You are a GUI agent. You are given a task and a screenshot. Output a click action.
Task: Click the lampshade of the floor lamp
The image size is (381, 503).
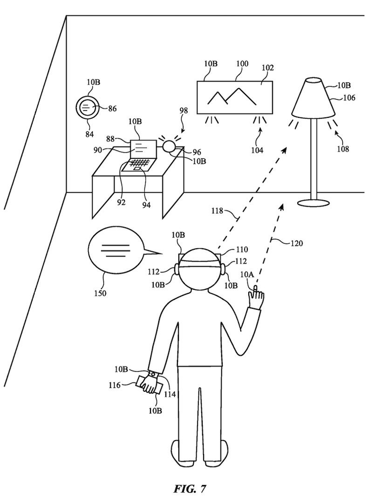pos(313,97)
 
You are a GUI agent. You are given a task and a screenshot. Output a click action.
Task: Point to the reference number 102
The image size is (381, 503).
pos(267,68)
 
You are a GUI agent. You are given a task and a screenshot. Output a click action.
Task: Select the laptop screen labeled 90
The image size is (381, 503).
pos(143,148)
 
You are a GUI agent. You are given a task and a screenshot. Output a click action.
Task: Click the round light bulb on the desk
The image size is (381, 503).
pos(169,147)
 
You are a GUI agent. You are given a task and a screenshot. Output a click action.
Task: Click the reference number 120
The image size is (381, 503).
pos(296,244)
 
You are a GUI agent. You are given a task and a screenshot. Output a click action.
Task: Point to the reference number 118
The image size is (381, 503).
pos(218,211)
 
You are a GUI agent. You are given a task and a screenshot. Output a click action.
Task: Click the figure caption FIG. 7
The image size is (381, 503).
pos(190,489)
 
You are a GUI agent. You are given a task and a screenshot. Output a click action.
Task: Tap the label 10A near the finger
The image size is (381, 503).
pos(247,275)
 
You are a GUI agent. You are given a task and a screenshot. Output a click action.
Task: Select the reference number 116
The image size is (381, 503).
pos(114,385)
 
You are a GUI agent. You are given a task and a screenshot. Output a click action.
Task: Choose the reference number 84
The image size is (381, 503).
pos(89,135)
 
